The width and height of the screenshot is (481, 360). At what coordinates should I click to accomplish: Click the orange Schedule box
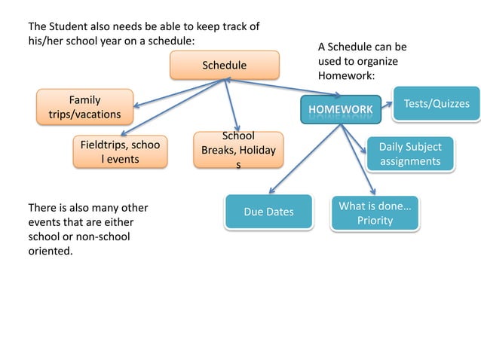224,66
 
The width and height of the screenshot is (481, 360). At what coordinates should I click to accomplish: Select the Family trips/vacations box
85,106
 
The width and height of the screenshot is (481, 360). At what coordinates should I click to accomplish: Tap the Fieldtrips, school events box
120,151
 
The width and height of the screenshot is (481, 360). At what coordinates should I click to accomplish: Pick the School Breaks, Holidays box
238,150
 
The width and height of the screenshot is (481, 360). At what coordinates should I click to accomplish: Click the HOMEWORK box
339,110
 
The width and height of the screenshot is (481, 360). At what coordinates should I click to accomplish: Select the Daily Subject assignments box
410,154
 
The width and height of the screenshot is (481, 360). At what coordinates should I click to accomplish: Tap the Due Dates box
268,212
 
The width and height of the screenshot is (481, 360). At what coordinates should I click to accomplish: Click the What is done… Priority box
375,213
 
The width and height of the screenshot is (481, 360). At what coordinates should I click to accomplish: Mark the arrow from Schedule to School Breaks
232,105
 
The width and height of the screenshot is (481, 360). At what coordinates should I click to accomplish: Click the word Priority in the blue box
375,221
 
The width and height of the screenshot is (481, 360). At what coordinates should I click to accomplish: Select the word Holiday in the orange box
254,150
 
